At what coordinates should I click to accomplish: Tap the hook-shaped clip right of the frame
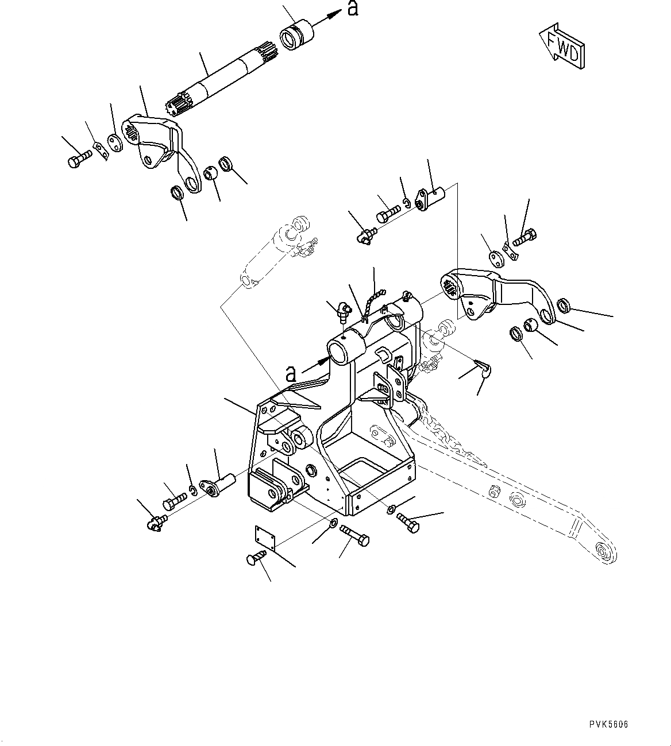[484, 367]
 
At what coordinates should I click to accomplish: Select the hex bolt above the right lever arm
[525, 238]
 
